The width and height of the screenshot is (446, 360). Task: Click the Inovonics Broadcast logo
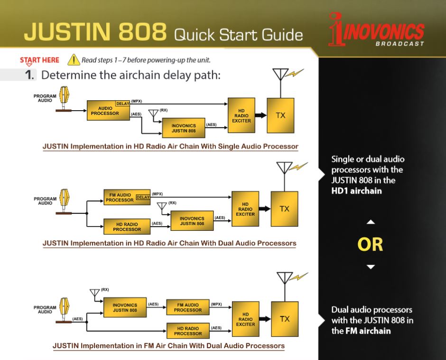(376, 29)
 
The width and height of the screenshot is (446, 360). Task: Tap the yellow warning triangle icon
(74, 60)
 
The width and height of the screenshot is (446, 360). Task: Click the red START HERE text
(39, 60)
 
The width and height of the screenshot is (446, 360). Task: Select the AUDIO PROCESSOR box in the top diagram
(108, 110)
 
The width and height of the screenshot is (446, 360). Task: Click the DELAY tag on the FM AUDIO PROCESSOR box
(143, 197)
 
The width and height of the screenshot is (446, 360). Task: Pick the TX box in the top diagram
(280, 115)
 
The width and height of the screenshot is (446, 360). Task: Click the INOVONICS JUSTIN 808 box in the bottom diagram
(125, 307)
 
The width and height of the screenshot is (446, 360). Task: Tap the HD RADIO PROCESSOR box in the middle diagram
(127, 227)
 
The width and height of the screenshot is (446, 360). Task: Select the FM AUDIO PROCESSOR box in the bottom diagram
(188, 307)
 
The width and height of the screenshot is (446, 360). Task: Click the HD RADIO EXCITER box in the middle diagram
(245, 209)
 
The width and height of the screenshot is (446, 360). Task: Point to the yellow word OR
(370, 245)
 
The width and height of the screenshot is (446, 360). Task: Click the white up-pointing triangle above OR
(371, 222)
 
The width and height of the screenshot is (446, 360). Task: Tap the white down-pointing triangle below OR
(371, 267)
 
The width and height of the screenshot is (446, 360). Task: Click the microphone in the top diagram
(64, 98)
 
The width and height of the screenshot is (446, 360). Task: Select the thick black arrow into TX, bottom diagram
(265, 319)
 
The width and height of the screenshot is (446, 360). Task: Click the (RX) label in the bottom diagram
(105, 290)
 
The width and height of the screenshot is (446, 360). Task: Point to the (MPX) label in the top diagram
(137, 101)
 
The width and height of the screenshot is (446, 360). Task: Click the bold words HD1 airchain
(356, 190)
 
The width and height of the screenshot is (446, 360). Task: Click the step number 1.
(29, 75)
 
